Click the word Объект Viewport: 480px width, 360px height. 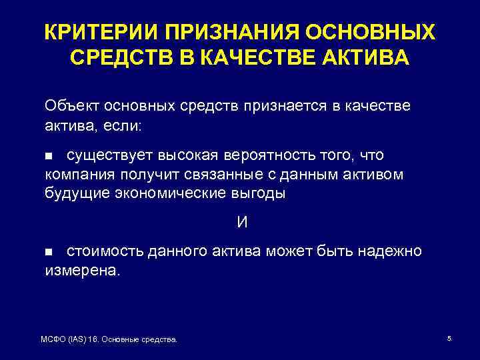click(x=69, y=105)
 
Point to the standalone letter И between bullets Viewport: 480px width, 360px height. click(x=242, y=223)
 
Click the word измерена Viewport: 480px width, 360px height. click(x=83, y=271)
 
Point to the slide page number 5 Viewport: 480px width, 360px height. click(x=449, y=339)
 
